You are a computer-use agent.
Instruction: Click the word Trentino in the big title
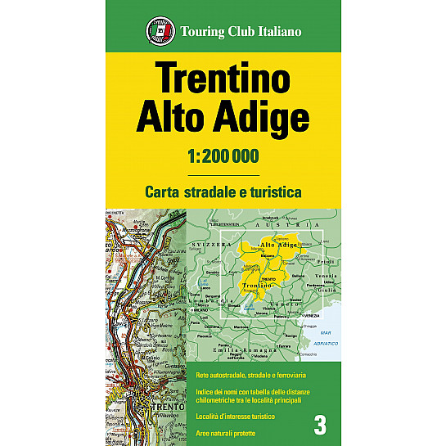pos(222,80)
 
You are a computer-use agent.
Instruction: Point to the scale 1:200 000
pos(223,156)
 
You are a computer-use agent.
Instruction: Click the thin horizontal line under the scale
pos(223,175)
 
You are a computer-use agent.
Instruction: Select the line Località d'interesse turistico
pos(235,417)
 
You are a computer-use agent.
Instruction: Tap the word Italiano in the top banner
pos(277,32)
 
